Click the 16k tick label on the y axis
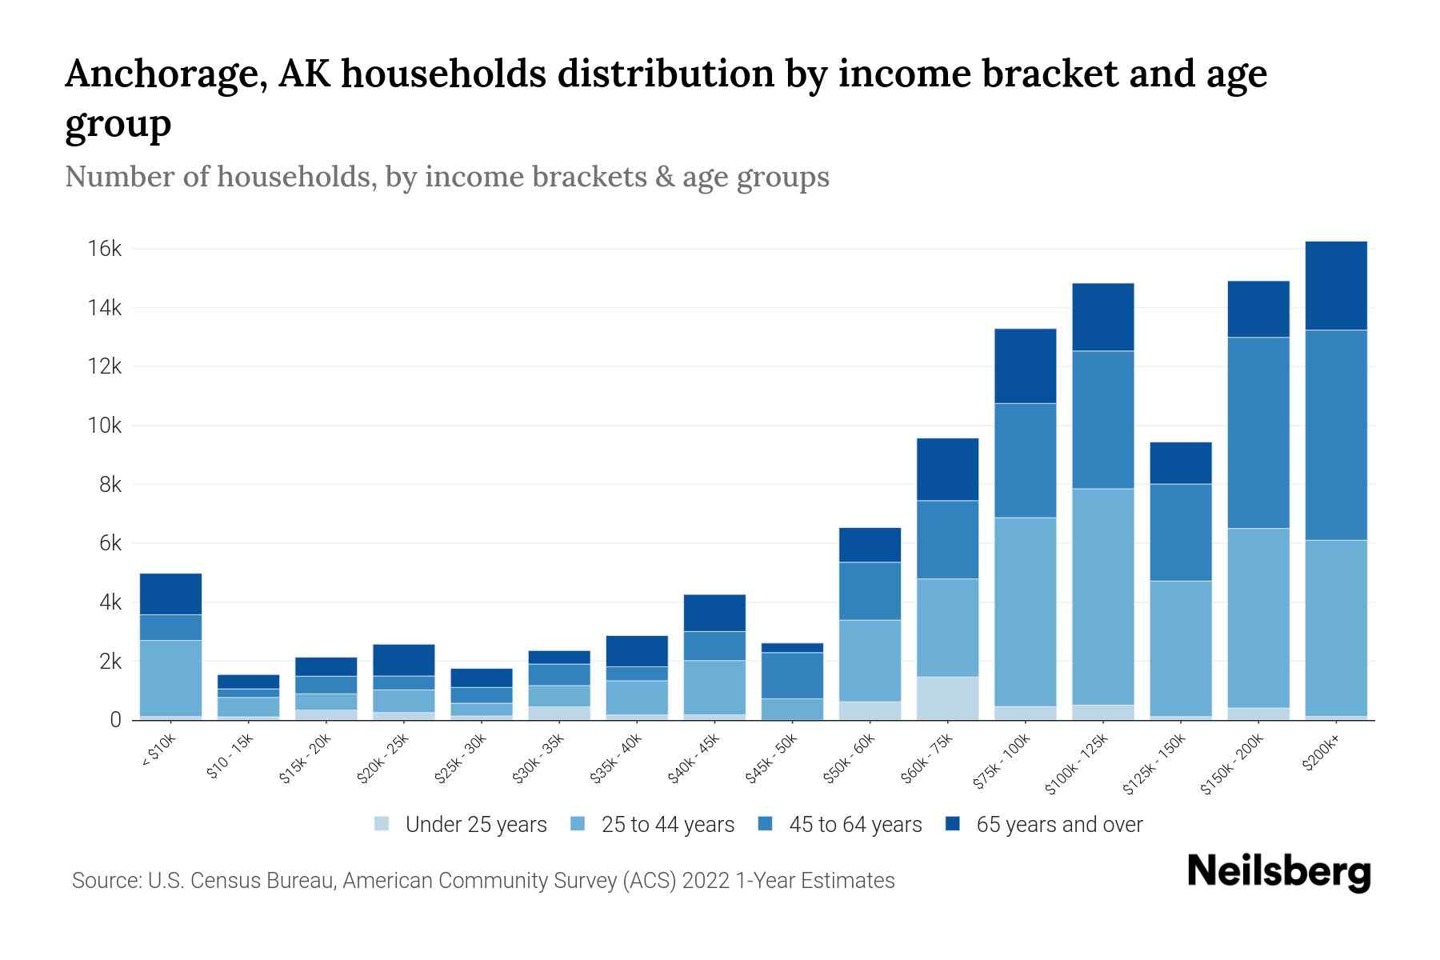[x=104, y=249]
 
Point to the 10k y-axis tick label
[x=104, y=426]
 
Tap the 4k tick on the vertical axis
[x=109, y=602]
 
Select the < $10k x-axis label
[x=159, y=751]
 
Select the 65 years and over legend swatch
[x=954, y=824]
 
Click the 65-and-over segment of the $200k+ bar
[x=1336, y=286]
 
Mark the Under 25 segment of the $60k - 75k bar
[x=947, y=698]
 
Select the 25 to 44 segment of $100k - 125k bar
[x=1102, y=596]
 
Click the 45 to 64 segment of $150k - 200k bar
[x=1258, y=432]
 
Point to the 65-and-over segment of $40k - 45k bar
[x=714, y=613]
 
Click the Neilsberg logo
[x=1278, y=872]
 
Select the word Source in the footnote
[x=104, y=881]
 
